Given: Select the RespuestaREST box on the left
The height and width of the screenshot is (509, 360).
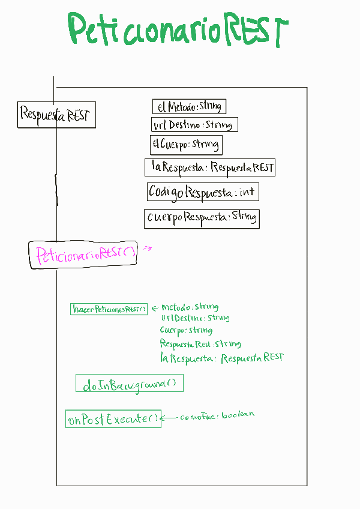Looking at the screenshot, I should [x=56, y=114].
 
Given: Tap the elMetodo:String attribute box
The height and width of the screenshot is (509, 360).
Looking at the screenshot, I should [x=189, y=107].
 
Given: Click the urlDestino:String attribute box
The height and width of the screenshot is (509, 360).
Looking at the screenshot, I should [x=194, y=125].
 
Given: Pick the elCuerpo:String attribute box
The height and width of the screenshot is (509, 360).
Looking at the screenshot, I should [x=185, y=145].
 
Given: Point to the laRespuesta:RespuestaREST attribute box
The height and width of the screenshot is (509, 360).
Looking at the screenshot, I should [x=210, y=167].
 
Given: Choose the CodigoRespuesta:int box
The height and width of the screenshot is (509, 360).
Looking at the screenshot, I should [x=202, y=193].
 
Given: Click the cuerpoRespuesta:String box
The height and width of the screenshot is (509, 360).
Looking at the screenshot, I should [x=202, y=217].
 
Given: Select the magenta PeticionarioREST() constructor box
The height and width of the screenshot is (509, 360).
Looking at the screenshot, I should [x=83, y=254].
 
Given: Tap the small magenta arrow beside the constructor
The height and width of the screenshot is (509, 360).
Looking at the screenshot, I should [x=148, y=247].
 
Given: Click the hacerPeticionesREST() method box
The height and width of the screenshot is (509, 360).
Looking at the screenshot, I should [x=109, y=309].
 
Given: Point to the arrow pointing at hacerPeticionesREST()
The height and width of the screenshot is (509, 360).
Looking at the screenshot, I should [x=154, y=308].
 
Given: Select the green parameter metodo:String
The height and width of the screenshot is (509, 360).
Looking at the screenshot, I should [x=190, y=307].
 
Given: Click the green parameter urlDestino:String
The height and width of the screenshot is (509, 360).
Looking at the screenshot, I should [x=195, y=318].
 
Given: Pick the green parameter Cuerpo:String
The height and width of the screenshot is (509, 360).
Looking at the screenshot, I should [x=186, y=330].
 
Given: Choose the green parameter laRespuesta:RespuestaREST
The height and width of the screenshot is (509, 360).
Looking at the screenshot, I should [x=221, y=358].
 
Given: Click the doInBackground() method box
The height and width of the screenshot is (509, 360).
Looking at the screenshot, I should [x=129, y=384].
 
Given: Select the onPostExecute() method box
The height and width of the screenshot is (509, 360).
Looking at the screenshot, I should [x=113, y=418].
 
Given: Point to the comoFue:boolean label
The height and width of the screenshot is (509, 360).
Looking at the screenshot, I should [x=218, y=415].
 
